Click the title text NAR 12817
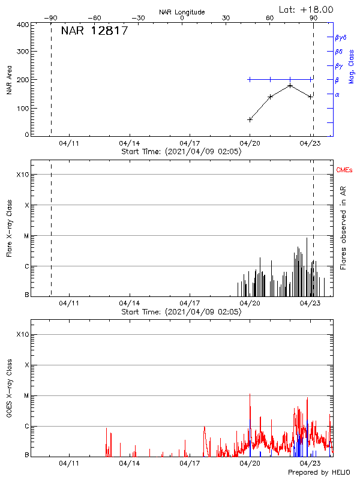pyautogui.click(x=94, y=31)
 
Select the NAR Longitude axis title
pyautogui.click(x=182, y=12)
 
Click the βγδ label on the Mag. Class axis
pyautogui.click(x=341, y=37)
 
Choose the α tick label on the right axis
pyautogui.click(x=337, y=94)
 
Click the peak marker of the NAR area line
pyautogui.click(x=290, y=85)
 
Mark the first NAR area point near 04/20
pyautogui.click(x=250, y=119)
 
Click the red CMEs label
pyautogui.click(x=344, y=170)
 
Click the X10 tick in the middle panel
pyautogui.click(x=22, y=175)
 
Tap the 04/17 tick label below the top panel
pyautogui.click(x=190, y=144)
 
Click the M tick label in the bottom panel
pyautogui.click(x=26, y=395)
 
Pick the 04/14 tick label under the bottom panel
pyautogui.click(x=130, y=464)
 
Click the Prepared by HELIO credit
pyautogui.click(x=319, y=473)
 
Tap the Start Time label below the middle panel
pyautogui.click(x=181, y=312)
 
